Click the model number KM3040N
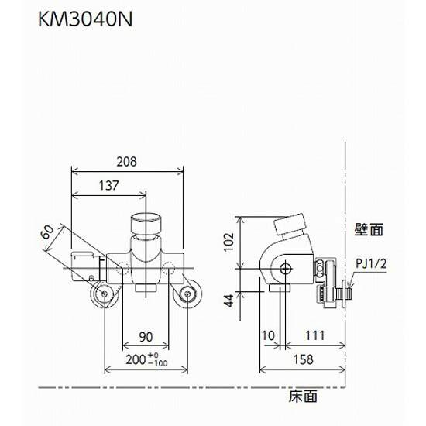85,19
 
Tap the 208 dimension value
126,162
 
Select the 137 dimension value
108,186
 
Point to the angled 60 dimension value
48,232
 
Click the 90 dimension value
146,337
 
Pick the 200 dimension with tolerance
146,359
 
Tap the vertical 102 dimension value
229,242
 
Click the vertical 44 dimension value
229,301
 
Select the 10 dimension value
268,335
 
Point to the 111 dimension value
315,335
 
